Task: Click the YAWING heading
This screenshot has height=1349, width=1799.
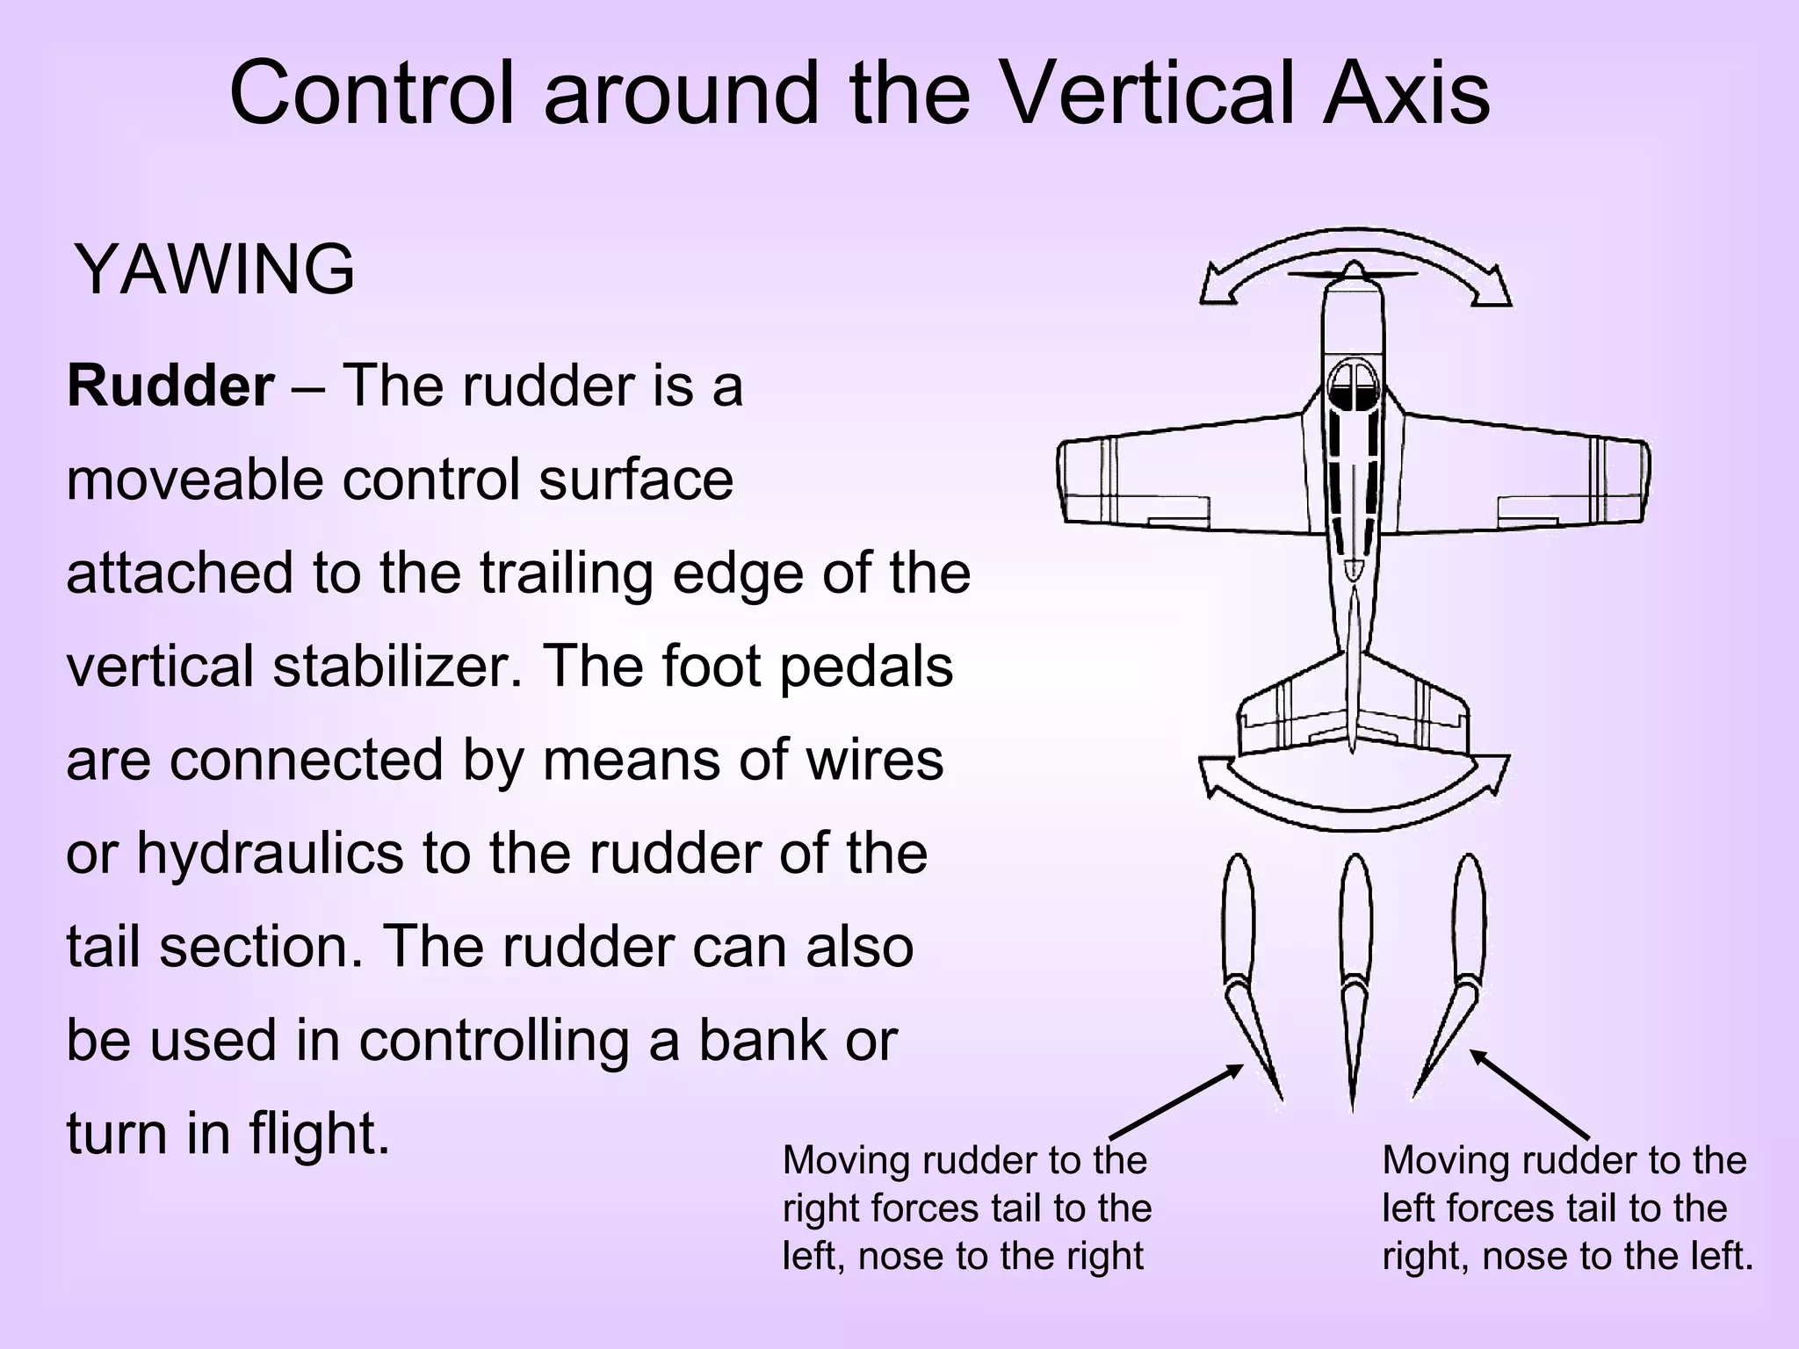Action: (x=215, y=270)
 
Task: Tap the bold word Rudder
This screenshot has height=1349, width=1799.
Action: (x=170, y=386)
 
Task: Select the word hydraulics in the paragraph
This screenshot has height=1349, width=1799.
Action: (x=270, y=853)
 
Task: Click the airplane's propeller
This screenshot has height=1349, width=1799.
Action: (x=1354, y=274)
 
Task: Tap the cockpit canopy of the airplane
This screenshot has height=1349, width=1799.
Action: (x=1354, y=386)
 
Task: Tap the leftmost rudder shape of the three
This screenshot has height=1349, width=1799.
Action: (x=1244, y=966)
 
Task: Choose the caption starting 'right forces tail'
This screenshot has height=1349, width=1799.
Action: (x=966, y=1208)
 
